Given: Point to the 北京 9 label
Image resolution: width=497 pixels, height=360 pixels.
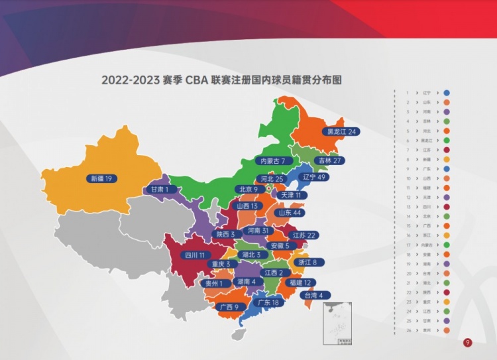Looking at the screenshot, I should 247,190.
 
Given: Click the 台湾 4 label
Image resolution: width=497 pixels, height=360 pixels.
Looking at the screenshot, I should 313,295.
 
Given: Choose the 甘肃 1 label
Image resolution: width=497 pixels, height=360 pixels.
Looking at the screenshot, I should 160,190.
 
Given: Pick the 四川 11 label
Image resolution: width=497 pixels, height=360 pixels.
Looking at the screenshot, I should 196,255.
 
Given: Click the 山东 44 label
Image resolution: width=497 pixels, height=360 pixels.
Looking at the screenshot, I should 290,213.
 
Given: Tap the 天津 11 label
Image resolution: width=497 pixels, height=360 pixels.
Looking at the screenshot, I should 290,196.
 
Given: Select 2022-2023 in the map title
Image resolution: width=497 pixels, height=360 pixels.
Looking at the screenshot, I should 131,80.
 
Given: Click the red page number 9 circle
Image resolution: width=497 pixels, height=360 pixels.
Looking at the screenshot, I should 467,343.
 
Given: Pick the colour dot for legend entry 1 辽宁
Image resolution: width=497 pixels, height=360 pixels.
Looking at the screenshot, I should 447,93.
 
